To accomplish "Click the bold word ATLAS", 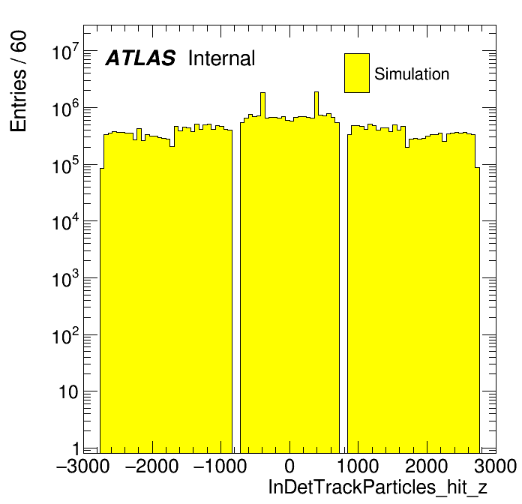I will [x=140, y=58].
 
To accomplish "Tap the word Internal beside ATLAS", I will [x=221, y=58].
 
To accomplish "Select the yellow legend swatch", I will [x=357, y=73].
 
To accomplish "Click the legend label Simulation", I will [x=412, y=74].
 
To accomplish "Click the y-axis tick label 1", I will [x=73, y=448].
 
